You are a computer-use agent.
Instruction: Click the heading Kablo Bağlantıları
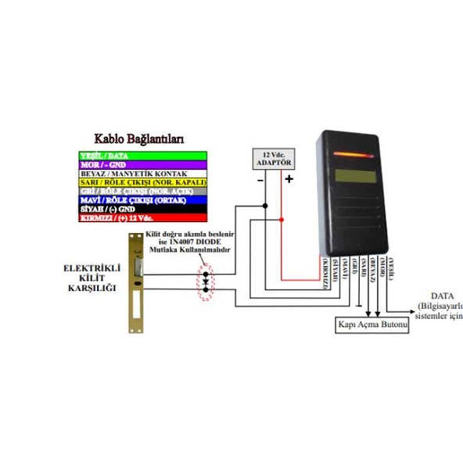tap(138, 140)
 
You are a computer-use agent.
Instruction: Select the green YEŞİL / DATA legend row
tap(138, 156)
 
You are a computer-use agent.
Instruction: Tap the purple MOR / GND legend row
tap(138, 165)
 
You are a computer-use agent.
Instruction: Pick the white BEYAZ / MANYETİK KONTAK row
tap(138, 174)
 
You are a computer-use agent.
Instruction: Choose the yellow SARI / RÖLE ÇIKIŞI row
tap(138, 182)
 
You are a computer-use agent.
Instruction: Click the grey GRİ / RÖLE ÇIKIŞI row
tap(138, 192)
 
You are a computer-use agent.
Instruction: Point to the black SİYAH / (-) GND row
tap(138, 210)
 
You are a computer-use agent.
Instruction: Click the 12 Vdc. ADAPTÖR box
tap(274, 157)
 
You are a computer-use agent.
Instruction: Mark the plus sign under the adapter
tap(288, 179)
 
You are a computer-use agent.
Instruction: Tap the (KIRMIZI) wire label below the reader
tap(325, 274)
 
